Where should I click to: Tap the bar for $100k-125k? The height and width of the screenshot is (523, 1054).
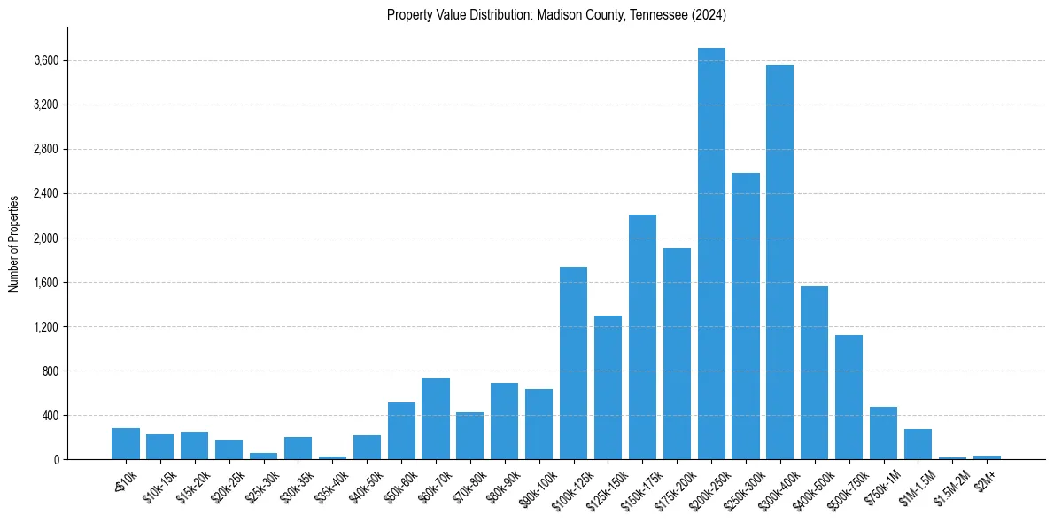tap(573, 363)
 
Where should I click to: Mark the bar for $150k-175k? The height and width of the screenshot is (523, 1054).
tap(642, 337)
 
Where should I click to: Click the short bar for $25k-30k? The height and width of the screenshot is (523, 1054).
tap(263, 456)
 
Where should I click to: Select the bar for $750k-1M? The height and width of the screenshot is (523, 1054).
tap(883, 433)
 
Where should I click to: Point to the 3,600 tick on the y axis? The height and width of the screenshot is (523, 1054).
tap(46, 61)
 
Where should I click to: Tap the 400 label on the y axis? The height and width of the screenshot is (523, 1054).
tap(50, 416)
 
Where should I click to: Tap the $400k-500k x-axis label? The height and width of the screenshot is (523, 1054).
tap(813, 484)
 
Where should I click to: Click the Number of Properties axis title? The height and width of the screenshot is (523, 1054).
tap(13, 243)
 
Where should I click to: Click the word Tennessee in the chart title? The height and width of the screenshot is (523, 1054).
tap(655, 15)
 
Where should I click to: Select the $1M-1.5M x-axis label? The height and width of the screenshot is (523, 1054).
tap(917, 482)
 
